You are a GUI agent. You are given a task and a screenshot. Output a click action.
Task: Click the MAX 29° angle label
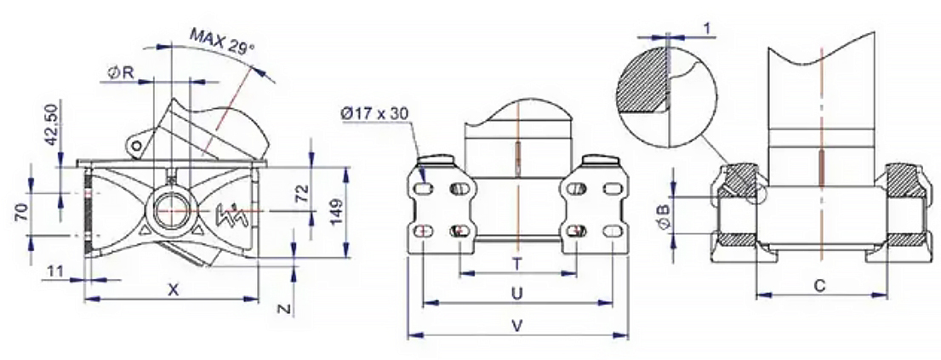click(x=223, y=42)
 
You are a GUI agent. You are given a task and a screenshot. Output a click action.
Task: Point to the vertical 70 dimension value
click(x=20, y=213)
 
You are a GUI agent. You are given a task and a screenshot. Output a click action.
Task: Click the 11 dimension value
click(x=55, y=271)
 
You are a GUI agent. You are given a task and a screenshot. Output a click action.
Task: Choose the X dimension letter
click(x=173, y=290)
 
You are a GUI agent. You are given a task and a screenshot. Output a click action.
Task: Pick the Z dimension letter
click(x=286, y=309)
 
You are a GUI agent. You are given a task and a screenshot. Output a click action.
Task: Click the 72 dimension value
click(x=303, y=192)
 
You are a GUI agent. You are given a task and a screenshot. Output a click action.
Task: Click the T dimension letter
click(x=516, y=264)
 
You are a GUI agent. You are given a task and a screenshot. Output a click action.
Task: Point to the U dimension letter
click(x=516, y=294)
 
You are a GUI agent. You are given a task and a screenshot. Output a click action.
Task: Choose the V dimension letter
click(x=516, y=326)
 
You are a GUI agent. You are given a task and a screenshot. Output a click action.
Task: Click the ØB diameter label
click(x=664, y=219)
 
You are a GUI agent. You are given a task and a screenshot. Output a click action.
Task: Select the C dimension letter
click(x=819, y=286)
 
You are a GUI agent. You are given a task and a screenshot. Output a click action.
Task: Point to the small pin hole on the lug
click(x=137, y=146)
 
